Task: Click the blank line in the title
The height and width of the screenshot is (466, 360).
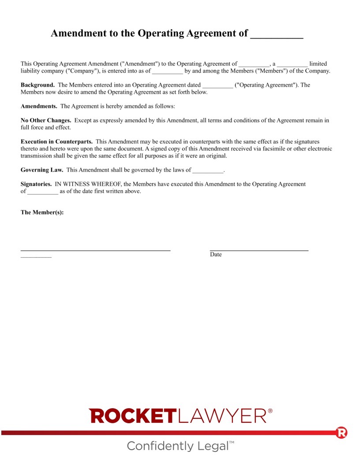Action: (277, 34)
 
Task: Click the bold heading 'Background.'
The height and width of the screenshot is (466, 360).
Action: (37, 85)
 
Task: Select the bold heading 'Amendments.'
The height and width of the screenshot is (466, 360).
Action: (39, 106)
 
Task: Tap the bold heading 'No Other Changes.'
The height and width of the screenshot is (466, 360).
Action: (46, 120)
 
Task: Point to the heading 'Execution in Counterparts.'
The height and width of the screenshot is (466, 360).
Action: (56, 142)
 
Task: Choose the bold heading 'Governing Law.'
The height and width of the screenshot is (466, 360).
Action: (42, 170)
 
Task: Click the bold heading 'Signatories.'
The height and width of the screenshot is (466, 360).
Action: (36, 184)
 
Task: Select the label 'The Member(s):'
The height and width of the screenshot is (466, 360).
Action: (42, 212)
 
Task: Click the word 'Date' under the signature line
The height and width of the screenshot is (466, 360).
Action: (216, 255)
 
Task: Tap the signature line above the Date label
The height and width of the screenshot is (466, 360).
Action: (259, 250)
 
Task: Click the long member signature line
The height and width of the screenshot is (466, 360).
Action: (95, 250)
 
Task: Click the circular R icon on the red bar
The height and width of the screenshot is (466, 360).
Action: (341, 432)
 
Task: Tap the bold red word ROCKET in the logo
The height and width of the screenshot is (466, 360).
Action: (132, 416)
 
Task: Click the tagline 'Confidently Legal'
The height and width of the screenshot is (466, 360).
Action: (178, 446)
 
